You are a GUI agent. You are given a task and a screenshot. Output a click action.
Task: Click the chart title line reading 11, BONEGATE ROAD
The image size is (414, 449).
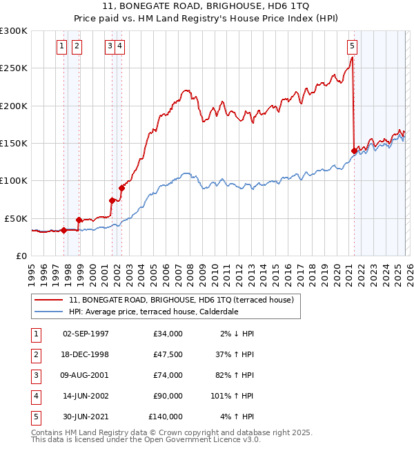206,6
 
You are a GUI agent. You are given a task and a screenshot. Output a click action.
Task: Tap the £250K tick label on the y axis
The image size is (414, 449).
14,68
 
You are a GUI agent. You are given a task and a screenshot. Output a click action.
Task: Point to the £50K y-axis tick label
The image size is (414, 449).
16,218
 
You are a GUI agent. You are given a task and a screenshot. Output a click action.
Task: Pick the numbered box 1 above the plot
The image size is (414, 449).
62,46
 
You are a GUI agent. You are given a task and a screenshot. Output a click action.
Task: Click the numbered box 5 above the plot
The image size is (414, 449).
352,46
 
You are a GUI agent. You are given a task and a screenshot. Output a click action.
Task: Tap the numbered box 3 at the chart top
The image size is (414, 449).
110,46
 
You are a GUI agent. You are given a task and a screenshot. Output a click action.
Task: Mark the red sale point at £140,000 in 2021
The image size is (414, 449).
354,151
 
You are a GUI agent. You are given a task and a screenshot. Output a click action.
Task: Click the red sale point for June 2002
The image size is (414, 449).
121,188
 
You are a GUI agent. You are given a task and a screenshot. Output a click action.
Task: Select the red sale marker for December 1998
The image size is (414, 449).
79,220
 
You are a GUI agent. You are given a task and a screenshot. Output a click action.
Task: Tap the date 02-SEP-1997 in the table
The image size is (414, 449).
86,334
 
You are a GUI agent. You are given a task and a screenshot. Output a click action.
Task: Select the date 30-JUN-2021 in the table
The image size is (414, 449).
86,417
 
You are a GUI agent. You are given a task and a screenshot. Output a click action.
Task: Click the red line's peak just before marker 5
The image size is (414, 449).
352,58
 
